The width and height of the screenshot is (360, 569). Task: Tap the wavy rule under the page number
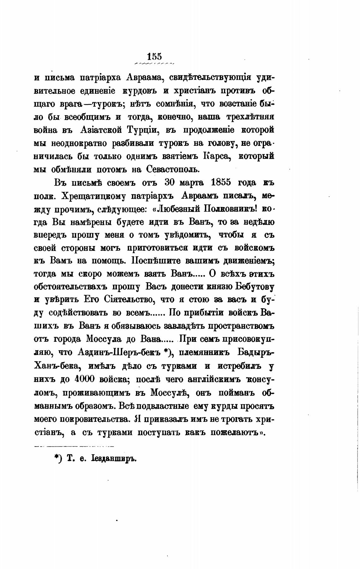(154, 63)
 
